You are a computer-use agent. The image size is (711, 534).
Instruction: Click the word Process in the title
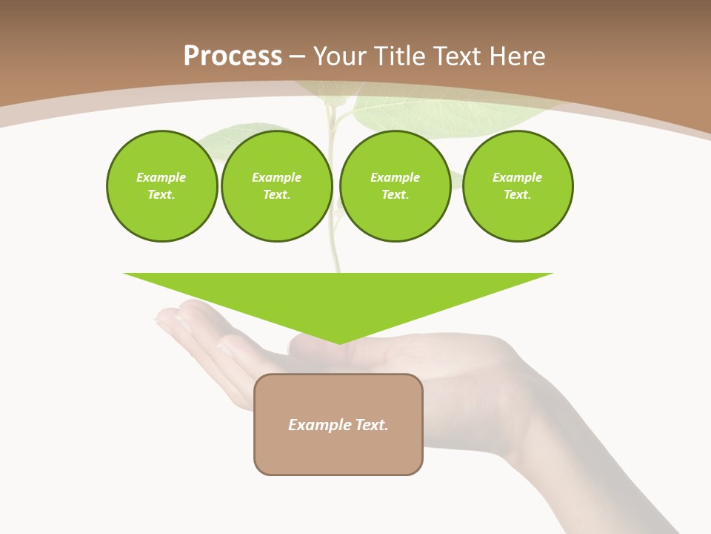point(233,56)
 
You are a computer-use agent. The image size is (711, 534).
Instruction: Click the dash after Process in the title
point(297,57)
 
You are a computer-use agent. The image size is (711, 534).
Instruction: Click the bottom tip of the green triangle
point(339,342)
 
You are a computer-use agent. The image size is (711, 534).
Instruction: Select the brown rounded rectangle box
point(338,452)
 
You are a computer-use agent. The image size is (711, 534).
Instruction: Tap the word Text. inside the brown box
point(372,425)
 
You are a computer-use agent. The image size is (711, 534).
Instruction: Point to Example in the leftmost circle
point(161,177)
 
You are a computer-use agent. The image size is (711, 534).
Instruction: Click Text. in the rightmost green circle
point(517,194)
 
